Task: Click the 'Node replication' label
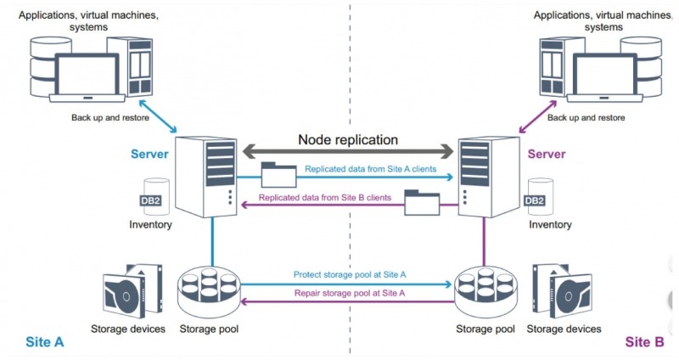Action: [347, 139]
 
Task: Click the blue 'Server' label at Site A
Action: [149, 154]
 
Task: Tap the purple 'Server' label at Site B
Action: [546, 154]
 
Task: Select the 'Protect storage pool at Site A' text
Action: [349, 274]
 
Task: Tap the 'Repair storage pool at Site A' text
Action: [349, 293]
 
